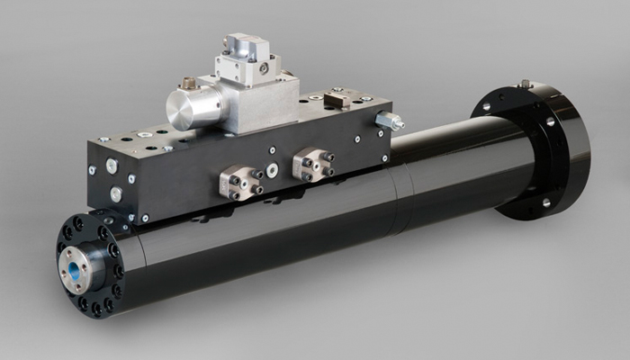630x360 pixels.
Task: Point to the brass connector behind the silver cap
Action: click(188, 85)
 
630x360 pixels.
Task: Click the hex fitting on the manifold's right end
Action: click(389, 121)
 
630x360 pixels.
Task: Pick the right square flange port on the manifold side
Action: click(312, 165)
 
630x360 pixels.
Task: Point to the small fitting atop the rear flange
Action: click(524, 84)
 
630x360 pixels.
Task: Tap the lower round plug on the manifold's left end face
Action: click(116, 193)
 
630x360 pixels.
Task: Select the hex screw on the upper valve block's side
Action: click(264, 67)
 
